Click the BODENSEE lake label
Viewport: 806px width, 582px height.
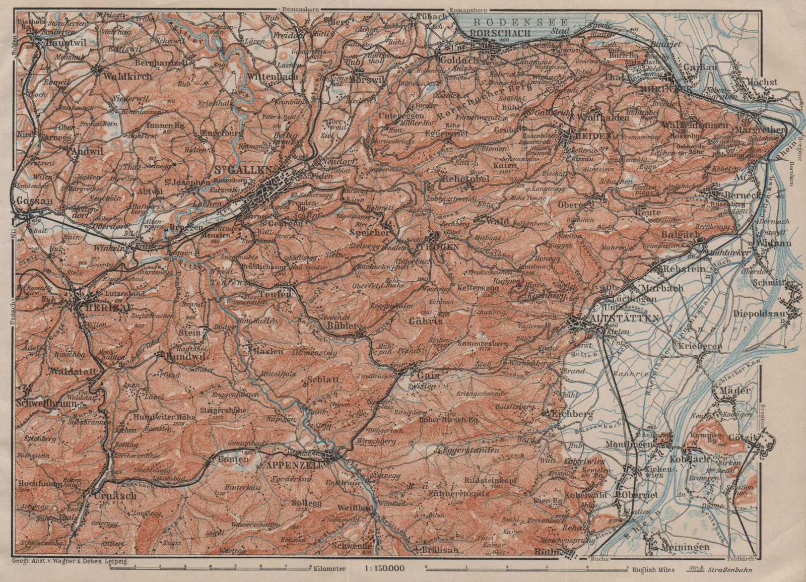520,22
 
